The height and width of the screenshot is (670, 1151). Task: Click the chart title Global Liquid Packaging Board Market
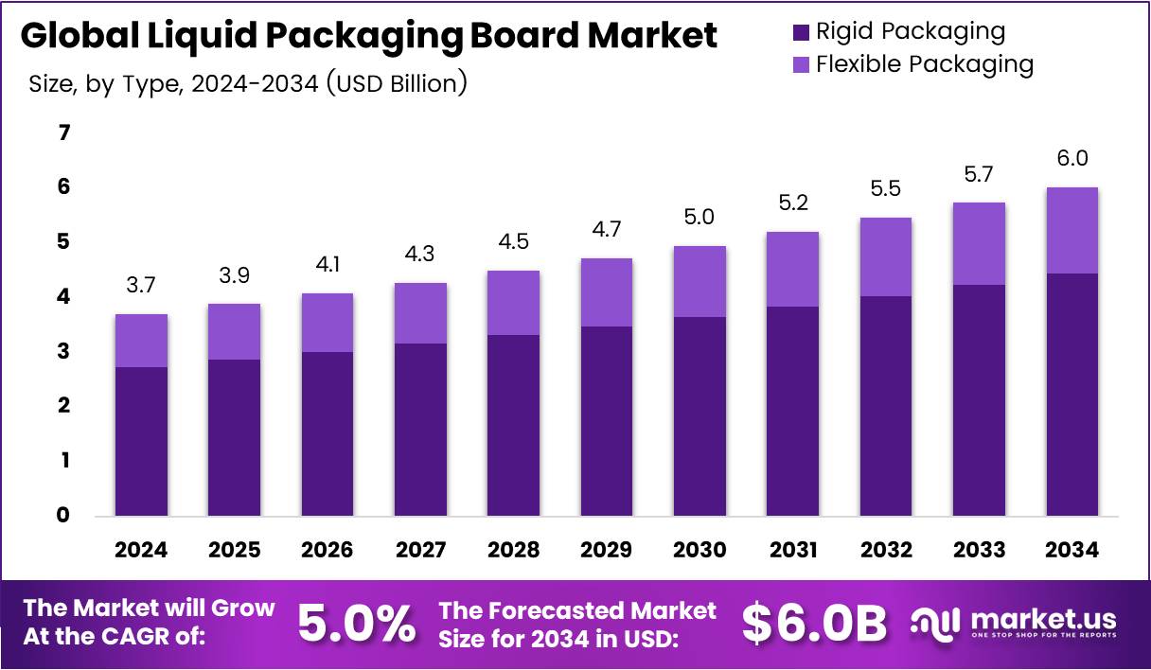coord(368,36)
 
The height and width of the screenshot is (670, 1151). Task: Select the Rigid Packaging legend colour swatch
coord(801,32)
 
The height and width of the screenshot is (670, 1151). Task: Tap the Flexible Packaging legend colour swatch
coord(801,65)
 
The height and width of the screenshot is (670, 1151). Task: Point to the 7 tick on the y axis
coord(64,133)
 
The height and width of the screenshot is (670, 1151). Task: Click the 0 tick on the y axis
coord(64,516)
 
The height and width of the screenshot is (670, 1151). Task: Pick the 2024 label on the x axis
coord(141,550)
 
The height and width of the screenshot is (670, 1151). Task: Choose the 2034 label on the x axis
coord(1071,550)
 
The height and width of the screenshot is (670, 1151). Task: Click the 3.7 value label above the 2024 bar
coord(141,285)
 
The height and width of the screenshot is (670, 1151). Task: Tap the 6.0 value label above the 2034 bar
coord(1071,159)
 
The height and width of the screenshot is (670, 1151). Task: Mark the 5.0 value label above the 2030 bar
coord(699,218)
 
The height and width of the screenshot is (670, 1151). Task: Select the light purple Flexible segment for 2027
coord(420,313)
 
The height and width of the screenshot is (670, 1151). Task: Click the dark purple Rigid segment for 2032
coord(885,406)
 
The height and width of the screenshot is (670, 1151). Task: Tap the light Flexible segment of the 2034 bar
coord(1071,230)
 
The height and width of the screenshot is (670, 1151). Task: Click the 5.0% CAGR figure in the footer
coord(356,623)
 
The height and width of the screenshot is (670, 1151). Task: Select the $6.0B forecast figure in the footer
coord(814,623)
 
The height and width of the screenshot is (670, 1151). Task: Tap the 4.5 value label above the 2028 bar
coord(513,241)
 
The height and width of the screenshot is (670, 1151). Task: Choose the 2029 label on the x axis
coord(606,550)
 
